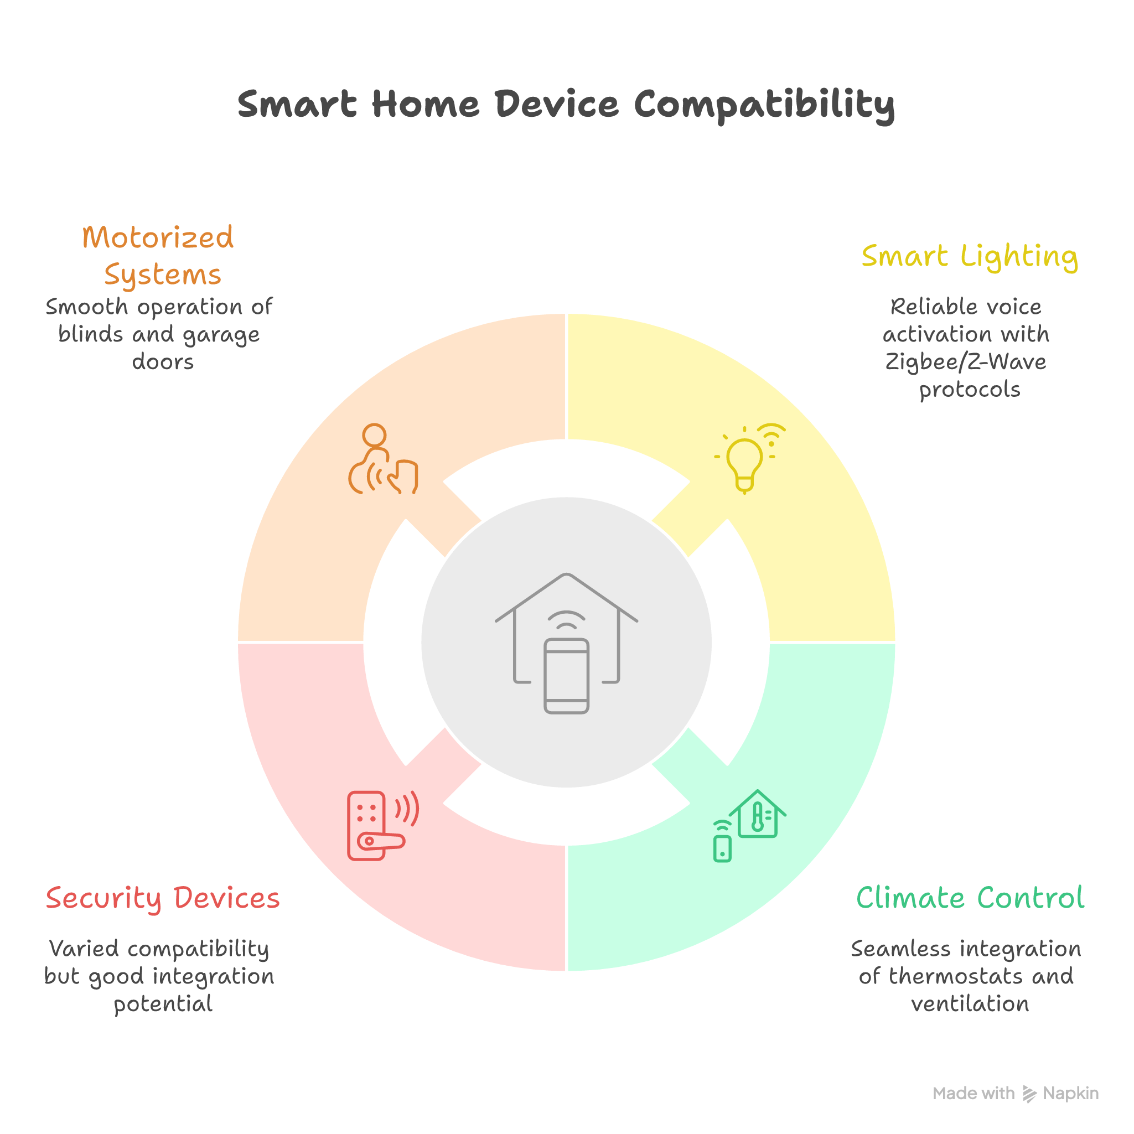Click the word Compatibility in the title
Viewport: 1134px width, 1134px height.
[764, 106]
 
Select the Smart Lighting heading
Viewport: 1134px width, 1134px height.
[969, 256]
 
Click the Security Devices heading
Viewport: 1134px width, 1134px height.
[163, 898]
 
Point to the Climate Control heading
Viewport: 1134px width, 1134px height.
[970, 898]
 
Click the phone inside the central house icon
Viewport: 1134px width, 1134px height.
[566, 676]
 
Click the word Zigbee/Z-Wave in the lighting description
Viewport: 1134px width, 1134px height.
[966, 361]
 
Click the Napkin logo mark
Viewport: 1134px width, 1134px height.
[1029, 1094]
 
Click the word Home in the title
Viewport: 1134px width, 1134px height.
[425, 106]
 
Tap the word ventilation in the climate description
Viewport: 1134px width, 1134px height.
[970, 1004]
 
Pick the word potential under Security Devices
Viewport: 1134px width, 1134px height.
[163, 1004]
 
